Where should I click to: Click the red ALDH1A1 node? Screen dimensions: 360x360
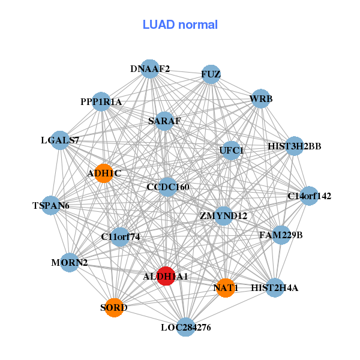click(x=166, y=276)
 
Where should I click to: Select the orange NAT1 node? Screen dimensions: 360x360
click(x=225, y=287)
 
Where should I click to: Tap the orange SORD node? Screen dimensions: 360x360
click(x=114, y=308)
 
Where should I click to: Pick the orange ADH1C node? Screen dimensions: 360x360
click(x=104, y=173)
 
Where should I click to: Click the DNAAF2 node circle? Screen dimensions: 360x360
click(x=150, y=69)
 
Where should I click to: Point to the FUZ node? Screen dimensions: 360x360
click(x=211, y=74)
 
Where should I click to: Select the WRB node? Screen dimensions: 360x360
click(x=260, y=98)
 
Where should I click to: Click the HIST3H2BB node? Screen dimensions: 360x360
click(x=294, y=146)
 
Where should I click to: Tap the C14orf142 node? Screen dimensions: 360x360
click(x=309, y=196)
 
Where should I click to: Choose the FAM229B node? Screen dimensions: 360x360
click(x=281, y=235)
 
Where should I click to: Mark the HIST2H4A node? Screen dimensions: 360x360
click(x=275, y=288)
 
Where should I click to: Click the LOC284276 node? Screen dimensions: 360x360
click(x=186, y=327)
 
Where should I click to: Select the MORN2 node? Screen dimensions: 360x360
click(x=70, y=262)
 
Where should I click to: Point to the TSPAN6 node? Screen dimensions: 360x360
click(x=52, y=206)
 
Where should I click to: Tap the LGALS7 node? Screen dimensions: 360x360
click(x=60, y=140)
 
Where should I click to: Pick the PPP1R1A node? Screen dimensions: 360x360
click(x=101, y=102)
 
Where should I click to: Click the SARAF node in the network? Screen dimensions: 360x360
click(x=164, y=121)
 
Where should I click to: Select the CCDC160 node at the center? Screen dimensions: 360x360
click(x=168, y=187)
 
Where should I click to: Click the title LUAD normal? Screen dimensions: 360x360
click(x=180, y=25)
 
